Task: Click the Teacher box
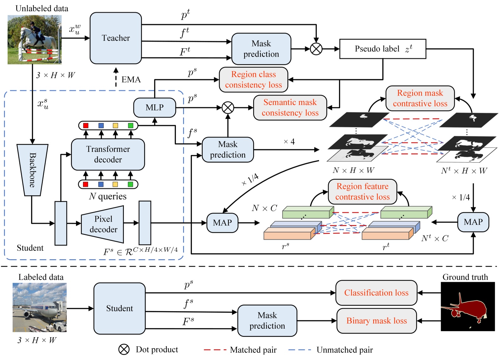(x=116, y=38)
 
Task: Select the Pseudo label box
(x=382, y=49)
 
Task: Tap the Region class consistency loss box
(x=253, y=79)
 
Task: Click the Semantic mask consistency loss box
(x=290, y=108)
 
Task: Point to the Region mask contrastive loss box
(x=420, y=98)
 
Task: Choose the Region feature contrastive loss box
(x=362, y=192)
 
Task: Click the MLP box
(x=155, y=108)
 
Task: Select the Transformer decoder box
(x=108, y=154)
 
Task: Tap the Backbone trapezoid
(x=32, y=170)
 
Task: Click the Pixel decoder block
(x=103, y=224)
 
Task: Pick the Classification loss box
(x=376, y=293)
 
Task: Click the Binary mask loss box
(x=376, y=321)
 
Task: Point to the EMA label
(x=131, y=79)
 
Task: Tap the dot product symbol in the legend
(x=124, y=350)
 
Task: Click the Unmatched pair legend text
(x=344, y=350)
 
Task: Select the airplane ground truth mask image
(x=467, y=306)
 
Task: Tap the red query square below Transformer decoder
(x=85, y=184)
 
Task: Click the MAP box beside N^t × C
(x=473, y=222)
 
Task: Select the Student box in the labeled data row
(x=119, y=308)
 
